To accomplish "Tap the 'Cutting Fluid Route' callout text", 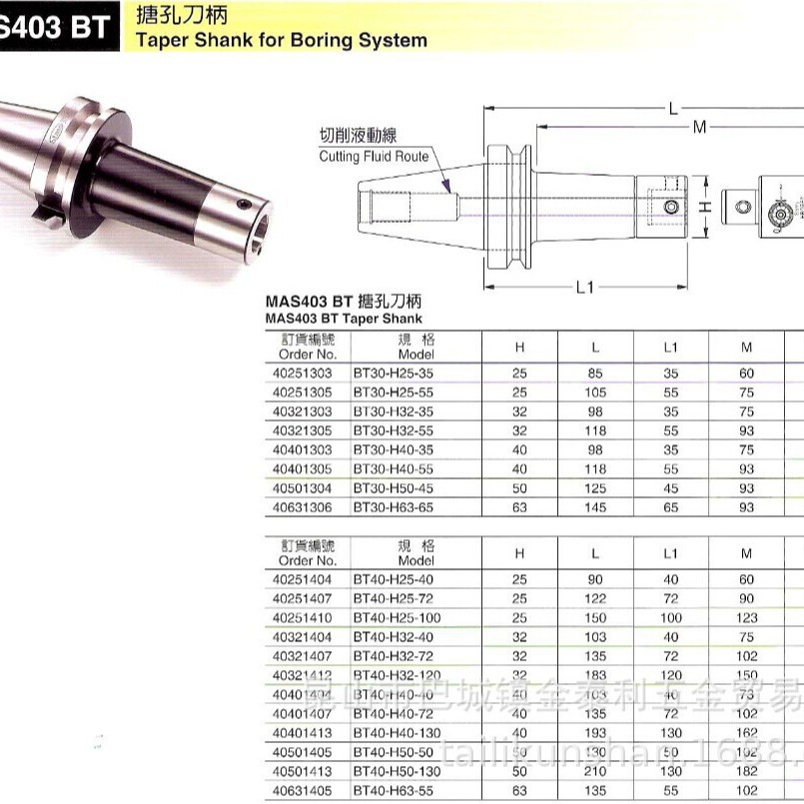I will tap(374, 157).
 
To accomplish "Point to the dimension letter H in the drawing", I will tap(704, 207).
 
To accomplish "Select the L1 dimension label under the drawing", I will tap(585, 288).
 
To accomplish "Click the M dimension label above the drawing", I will tap(700, 127).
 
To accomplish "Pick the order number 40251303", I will tap(303, 372).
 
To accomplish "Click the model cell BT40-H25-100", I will tap(397, 618).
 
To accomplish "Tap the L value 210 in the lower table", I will tap(595, 771).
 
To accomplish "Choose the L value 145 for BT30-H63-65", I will tap(595, 508).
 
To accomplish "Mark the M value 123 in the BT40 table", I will tap(746, 618).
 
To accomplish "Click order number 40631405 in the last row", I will tap(303, 791).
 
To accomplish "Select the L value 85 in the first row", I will tap(595, 372).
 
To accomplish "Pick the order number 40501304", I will tap(303, 489).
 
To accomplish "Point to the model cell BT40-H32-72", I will tap(393, 656).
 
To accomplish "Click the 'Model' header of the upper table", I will tap(416, 354).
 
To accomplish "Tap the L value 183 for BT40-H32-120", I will tap(595, 675).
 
